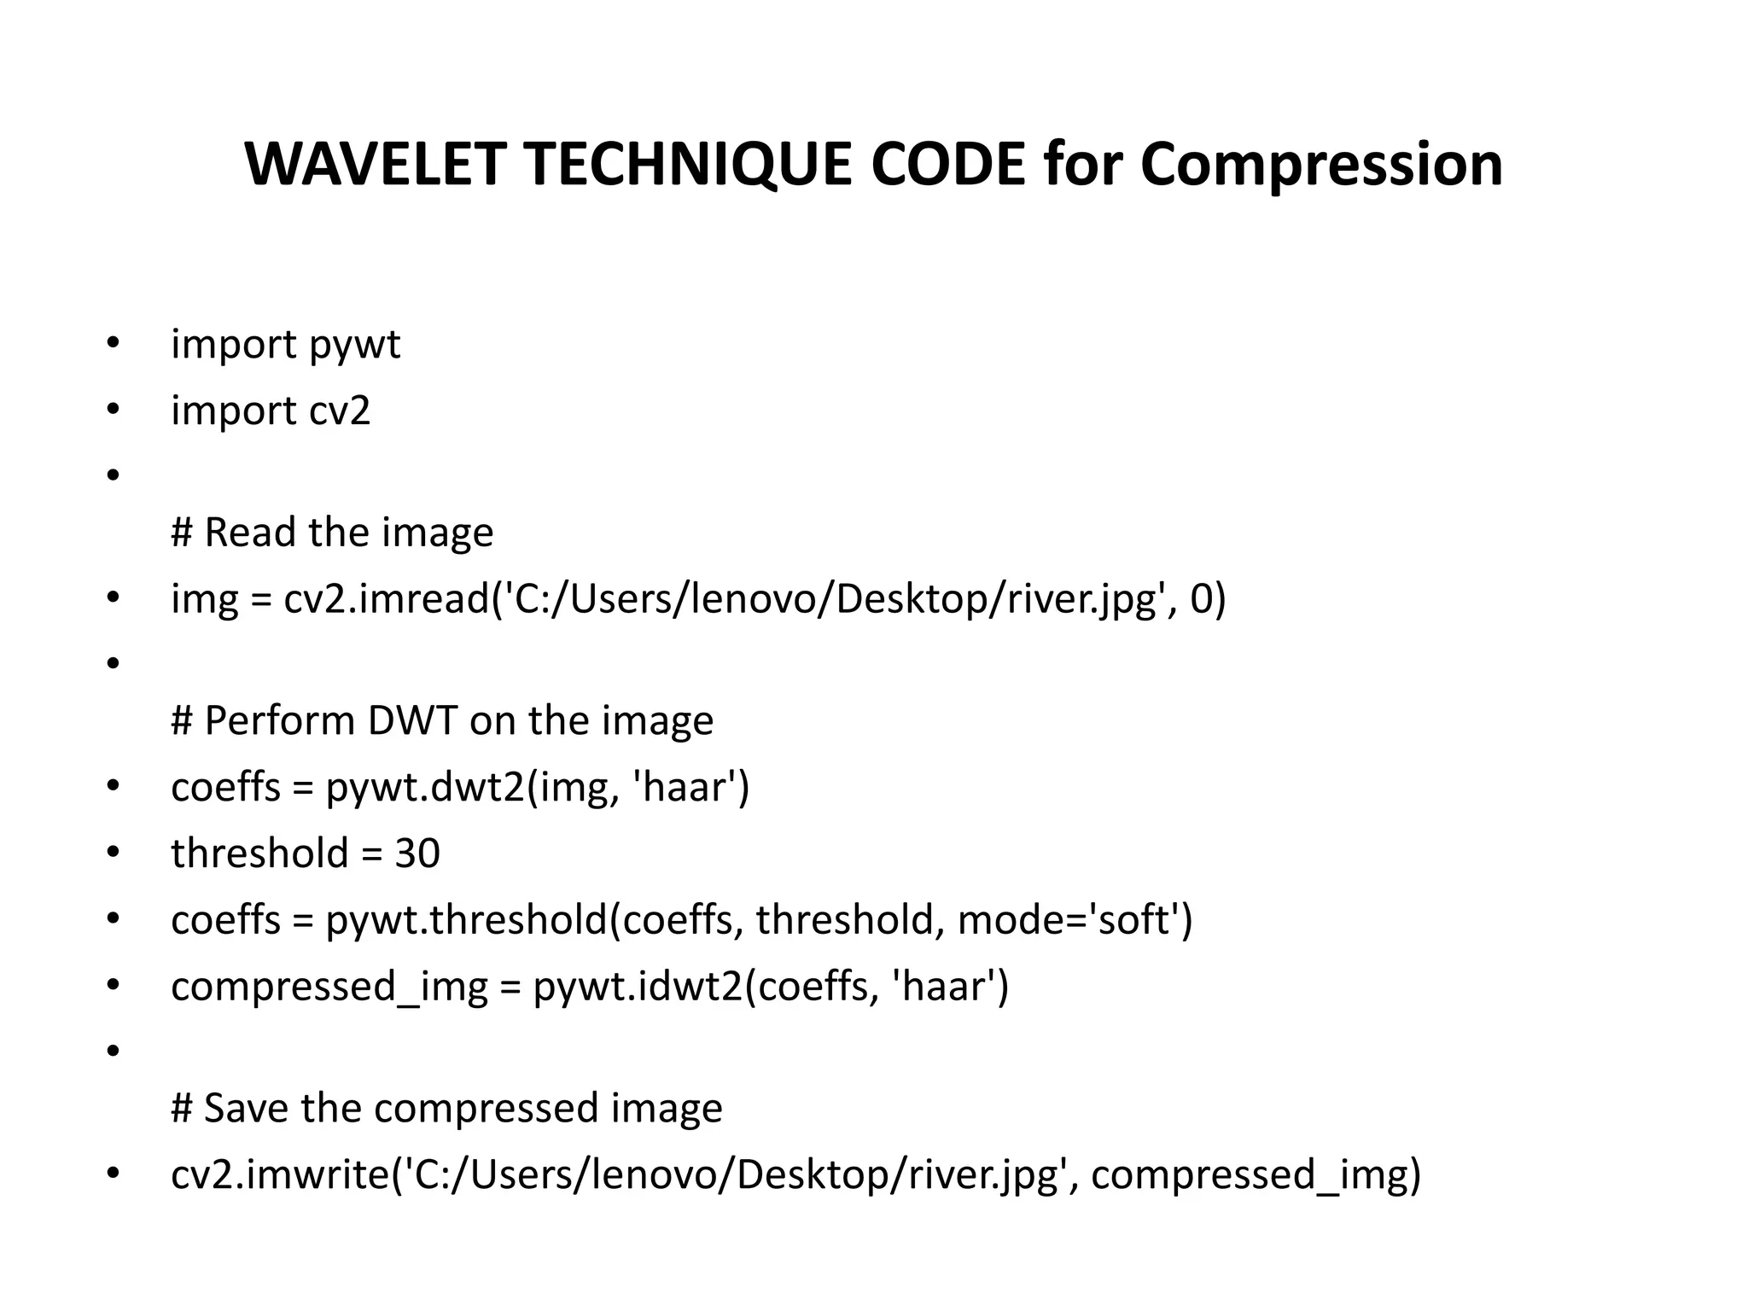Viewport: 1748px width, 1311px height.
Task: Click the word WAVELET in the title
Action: tap(376, 164)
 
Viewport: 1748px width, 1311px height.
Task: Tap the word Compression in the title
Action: tap(1321, 166)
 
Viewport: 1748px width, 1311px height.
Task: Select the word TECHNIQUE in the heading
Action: tap(688, 166)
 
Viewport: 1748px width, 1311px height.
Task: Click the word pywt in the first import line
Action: tap(354, 346)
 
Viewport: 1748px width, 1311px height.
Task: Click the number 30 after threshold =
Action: tap(417, 854)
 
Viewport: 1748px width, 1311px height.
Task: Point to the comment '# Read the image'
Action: tap(332, 533)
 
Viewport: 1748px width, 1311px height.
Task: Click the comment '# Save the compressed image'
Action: tap(446, 1109)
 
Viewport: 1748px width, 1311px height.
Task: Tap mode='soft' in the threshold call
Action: tap(1074, 920)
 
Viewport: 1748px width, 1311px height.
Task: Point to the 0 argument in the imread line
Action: tap(1201, 599)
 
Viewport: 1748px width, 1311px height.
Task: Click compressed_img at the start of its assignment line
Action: tap(329, 987)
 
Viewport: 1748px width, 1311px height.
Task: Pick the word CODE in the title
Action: tap(947, 164)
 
